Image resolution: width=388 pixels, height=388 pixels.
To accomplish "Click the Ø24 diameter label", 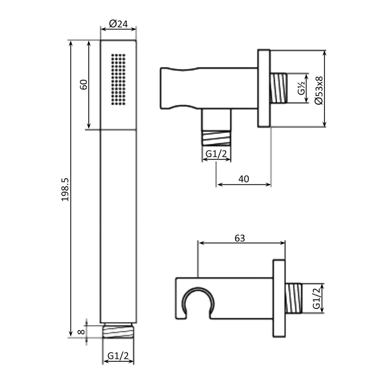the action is [118, 24].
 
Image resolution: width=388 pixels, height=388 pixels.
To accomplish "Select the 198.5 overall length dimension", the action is [65, 190].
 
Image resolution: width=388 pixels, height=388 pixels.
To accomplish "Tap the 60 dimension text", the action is [83, 84].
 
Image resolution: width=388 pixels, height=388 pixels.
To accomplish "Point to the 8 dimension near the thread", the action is [81, 332].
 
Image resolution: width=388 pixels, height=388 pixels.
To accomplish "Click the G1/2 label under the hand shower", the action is [118, 356].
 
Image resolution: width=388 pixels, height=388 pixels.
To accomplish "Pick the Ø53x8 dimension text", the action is [319, 91].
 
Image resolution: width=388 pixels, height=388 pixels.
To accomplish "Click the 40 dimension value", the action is [243, 179].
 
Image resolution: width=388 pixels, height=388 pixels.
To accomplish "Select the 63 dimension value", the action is [240, 238].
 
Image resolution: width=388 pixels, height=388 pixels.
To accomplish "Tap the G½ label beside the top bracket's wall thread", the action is [301, 88].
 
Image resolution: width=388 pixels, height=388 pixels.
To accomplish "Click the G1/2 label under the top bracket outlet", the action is [216, 154].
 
